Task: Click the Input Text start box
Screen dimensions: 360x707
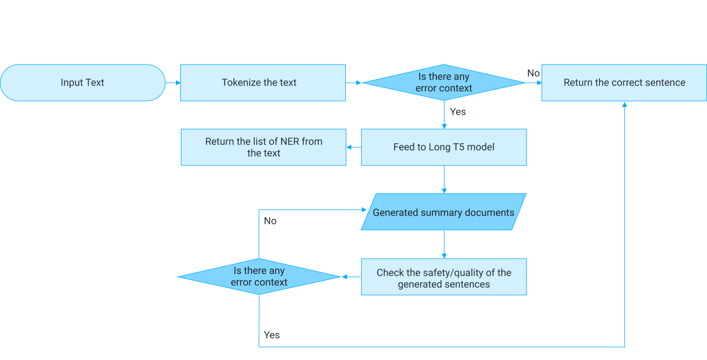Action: click(83, 83)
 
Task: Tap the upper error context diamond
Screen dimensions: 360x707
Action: click(444, 83)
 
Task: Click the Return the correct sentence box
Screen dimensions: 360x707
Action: click(624, 83)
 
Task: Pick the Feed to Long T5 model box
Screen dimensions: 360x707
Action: click(444, 147)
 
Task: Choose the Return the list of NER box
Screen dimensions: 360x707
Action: click(264, 147)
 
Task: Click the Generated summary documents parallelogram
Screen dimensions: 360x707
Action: click(444, 212)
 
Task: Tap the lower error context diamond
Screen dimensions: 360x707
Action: click(259, 277)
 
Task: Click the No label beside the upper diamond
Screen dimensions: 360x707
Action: click(533, 73)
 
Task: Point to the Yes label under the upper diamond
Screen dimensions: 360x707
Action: click(458, 112)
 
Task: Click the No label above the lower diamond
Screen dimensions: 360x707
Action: click(270, 221)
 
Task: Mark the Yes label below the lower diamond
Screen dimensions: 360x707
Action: click(272, 335)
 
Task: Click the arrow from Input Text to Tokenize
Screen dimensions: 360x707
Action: click(173, 83)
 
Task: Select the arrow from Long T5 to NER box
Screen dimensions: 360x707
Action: click(353, 147)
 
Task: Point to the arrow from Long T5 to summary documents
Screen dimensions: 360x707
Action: click(444, 180)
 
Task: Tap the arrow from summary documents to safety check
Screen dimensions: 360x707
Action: click(444, 244)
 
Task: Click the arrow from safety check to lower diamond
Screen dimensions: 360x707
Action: click(351, 277)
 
